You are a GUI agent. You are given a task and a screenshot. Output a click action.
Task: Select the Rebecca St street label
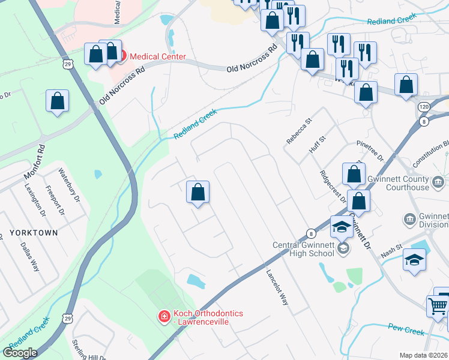[300, 131]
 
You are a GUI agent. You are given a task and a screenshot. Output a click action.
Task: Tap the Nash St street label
[391, 254]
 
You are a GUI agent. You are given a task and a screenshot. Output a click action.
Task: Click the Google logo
[20, 353]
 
